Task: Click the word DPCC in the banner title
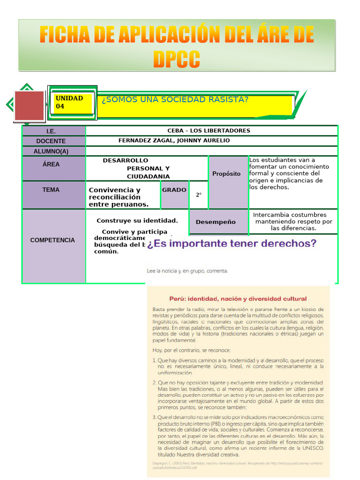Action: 176,60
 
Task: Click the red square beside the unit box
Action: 29,105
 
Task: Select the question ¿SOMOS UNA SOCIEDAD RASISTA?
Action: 175,100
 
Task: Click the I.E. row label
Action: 51,131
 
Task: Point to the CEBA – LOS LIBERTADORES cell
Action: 209,131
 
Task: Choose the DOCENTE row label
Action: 51,141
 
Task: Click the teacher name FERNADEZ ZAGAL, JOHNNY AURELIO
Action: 174,141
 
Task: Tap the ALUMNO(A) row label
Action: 51,151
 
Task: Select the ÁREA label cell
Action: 51,165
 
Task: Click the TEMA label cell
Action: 51,190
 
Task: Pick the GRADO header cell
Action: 174,190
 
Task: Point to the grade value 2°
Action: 199,195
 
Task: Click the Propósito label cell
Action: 226,174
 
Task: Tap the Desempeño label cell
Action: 216,222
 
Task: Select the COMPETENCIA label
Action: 52,240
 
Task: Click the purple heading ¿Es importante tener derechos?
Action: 232,244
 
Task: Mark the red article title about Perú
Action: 238,299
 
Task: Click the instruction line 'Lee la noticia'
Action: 187,271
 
